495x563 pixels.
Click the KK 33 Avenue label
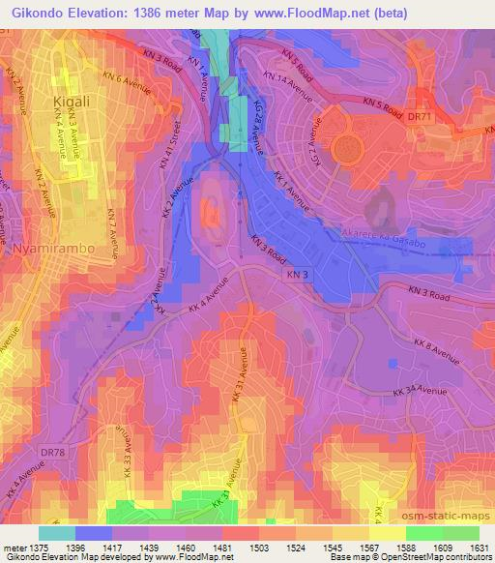pyautogui.click(x=126, y=454)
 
